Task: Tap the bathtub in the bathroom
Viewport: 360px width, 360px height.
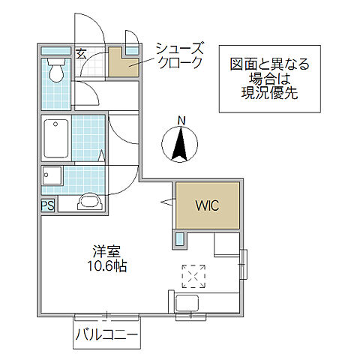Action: [55, 138]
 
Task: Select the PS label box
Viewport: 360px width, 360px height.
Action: [47, 205]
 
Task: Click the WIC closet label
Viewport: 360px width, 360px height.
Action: [207, 205]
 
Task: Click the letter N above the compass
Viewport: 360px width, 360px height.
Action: [180, 120]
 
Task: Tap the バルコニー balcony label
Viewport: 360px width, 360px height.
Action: [106, 335]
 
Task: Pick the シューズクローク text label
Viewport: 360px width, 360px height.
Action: [179, 55]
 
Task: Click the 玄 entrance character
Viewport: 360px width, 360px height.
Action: [81, 52]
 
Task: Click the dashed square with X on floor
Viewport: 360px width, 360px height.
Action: [193, 276]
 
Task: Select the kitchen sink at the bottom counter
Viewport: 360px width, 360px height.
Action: [187, 304]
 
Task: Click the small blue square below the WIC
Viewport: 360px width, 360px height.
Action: [180, 240]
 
